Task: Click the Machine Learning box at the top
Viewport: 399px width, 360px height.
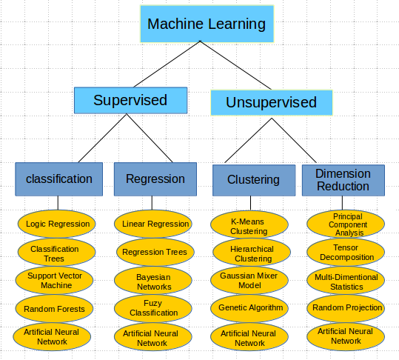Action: pos(207,24)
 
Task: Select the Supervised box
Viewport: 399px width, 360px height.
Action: pos(130,100)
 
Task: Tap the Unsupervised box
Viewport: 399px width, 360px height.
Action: pos(271,102)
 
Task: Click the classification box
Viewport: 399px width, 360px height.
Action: pos(59,179)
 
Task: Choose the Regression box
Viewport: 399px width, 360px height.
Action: pos(155,179)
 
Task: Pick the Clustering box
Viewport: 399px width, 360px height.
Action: pos(253,179)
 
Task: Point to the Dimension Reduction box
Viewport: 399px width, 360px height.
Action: pos(343,179)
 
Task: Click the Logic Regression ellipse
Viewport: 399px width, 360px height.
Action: pos(57,224)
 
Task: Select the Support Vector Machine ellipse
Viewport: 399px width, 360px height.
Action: pos(54,280)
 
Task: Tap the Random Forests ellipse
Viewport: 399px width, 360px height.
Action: pos(54,308)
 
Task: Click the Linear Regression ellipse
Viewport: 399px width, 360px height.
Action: pos(155,224)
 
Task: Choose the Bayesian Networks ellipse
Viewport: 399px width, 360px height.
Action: pos(153,281)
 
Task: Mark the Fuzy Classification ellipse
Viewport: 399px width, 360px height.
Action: pos(153,308)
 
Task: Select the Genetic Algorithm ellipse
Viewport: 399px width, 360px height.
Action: pos(250,307)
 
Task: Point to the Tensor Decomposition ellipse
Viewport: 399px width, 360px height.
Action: pos(346,252)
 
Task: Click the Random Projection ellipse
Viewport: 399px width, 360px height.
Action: pos(346,307)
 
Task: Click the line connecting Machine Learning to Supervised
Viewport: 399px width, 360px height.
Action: pos(167,64)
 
